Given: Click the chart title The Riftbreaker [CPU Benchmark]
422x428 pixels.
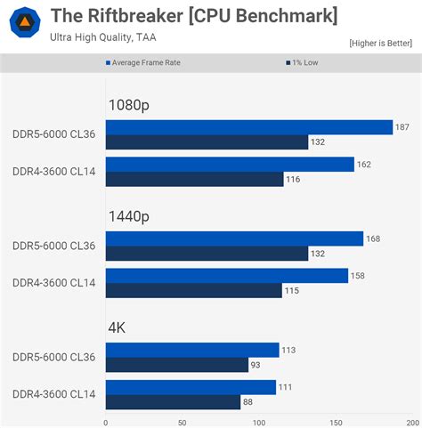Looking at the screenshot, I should (193, 15).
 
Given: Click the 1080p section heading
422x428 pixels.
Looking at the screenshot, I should (128, 105).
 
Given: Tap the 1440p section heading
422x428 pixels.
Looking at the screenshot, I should (128, 216).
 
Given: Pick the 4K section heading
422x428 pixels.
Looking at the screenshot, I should (117, 327).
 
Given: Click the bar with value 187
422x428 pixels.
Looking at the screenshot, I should (249, 127).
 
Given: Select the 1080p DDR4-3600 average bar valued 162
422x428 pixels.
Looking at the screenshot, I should (230, 165).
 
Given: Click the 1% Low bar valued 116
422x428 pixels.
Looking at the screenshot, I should (194, 179).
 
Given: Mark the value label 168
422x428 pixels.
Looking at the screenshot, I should (374, 238).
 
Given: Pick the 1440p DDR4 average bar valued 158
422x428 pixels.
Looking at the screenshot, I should (227, 276).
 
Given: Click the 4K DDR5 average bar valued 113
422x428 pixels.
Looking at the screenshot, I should (192, 350).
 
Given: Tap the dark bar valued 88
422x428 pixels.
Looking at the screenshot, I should (173, 402).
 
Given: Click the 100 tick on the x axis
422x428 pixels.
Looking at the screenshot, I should (258, 423).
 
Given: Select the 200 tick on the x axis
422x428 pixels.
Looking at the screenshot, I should (412, 423).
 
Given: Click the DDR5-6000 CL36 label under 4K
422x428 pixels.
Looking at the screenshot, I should (53, 357).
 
